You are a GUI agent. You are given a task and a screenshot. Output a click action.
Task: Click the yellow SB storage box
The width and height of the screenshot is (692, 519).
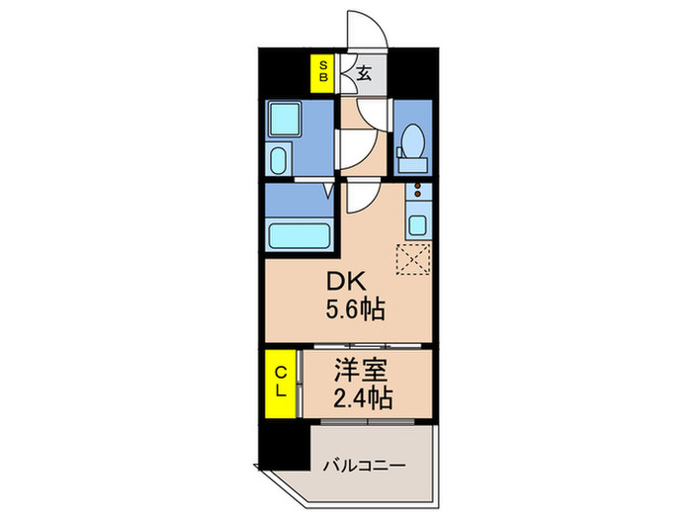coord(322,73)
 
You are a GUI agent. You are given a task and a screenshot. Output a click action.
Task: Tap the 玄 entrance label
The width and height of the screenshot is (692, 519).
coord(364,73)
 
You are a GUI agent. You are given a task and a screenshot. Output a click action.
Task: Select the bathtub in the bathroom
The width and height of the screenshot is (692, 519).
coord(300,236)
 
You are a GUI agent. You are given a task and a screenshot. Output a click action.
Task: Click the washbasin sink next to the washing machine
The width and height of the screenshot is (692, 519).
coord(279,160)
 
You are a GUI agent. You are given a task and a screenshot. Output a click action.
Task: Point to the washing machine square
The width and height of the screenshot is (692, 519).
coord(285,119)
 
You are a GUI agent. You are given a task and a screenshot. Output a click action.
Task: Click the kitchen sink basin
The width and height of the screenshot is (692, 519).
coord(417,225)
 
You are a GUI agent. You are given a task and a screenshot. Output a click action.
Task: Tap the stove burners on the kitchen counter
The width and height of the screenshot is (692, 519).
coord(417,190)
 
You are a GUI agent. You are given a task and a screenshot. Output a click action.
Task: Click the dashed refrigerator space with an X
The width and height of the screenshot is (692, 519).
coord(413,259)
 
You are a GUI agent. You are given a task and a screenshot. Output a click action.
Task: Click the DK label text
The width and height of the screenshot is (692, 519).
coord(346,281)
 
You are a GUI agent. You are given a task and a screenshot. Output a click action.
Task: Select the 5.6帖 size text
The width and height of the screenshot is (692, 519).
coord(355,308)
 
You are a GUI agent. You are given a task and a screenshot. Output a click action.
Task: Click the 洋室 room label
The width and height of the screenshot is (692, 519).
coord(361,370)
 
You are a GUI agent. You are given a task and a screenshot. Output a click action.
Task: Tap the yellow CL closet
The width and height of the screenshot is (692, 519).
coord(280,384)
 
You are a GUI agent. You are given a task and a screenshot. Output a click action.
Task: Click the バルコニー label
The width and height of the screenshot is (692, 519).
coord(364,466)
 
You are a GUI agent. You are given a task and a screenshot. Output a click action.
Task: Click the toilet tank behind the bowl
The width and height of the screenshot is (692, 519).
coord(413,165)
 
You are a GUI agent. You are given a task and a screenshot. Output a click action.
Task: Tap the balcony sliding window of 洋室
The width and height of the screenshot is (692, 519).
coord(368,422)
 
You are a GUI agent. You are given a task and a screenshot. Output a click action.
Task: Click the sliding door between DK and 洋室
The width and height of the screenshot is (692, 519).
coord(368,346)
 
